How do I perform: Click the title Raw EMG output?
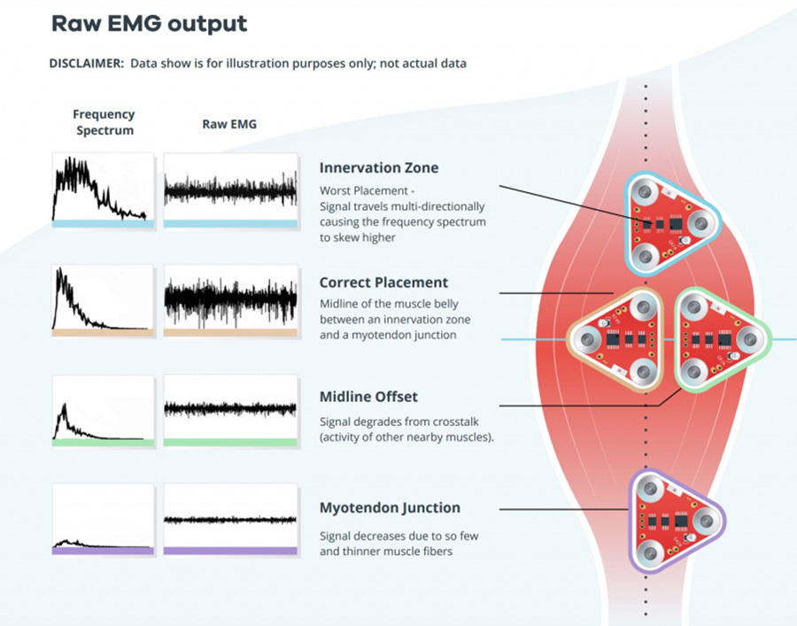pos(150,24)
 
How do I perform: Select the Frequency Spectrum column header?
pos(104,122)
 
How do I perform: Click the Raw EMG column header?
pos(229,124)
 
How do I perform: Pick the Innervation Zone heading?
pos(379,167)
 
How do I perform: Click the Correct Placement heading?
pos(383,282)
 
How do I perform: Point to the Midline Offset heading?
pos(368,397)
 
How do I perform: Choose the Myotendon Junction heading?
pos(390,507)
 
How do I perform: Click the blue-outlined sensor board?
pos(671,223)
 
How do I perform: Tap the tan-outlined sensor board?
pos(616,339)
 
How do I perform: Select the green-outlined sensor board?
pos(723,339)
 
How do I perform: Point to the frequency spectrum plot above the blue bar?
pos(103,187)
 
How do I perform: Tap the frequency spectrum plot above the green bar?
pos(103,407)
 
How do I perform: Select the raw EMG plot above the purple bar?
pos(230,515)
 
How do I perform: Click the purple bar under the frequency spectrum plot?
pos(103,551)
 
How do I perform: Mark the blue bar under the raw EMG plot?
pos(230,224)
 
